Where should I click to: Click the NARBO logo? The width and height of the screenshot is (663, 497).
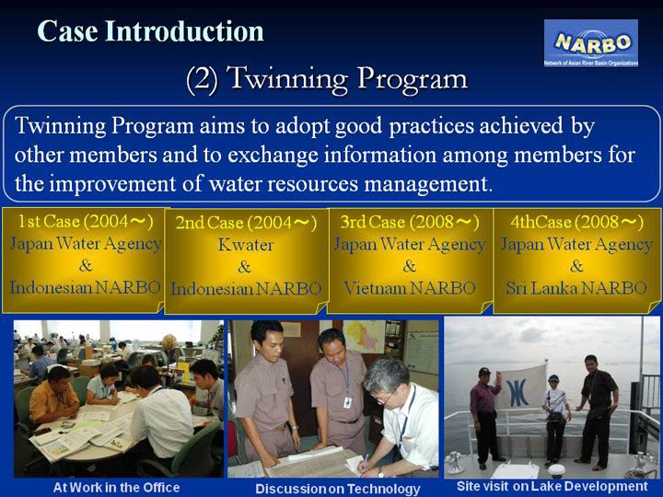[590, 42]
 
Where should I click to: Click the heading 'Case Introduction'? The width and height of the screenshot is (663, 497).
[150, 31]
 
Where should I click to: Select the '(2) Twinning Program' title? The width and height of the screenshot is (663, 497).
[327, 78]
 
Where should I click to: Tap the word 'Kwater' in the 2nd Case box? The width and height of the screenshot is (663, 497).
[246, 245]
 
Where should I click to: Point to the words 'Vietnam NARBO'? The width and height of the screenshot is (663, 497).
[409, 288]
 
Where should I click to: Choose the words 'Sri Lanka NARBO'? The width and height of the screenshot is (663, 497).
[576, 288]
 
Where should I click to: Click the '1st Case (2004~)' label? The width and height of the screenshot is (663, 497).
[86, 221]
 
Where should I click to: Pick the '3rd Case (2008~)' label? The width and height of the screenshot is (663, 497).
[410, 222]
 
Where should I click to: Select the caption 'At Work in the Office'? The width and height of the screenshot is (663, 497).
[116, 487]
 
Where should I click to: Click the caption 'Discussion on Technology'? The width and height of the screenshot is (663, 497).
[338, 489]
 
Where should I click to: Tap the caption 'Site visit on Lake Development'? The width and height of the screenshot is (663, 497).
[552, 486]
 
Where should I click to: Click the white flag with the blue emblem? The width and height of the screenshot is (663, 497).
[520, 388]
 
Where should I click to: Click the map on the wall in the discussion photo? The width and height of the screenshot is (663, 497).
[363, 336]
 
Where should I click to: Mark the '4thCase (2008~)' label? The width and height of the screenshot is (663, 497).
[576, 222]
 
